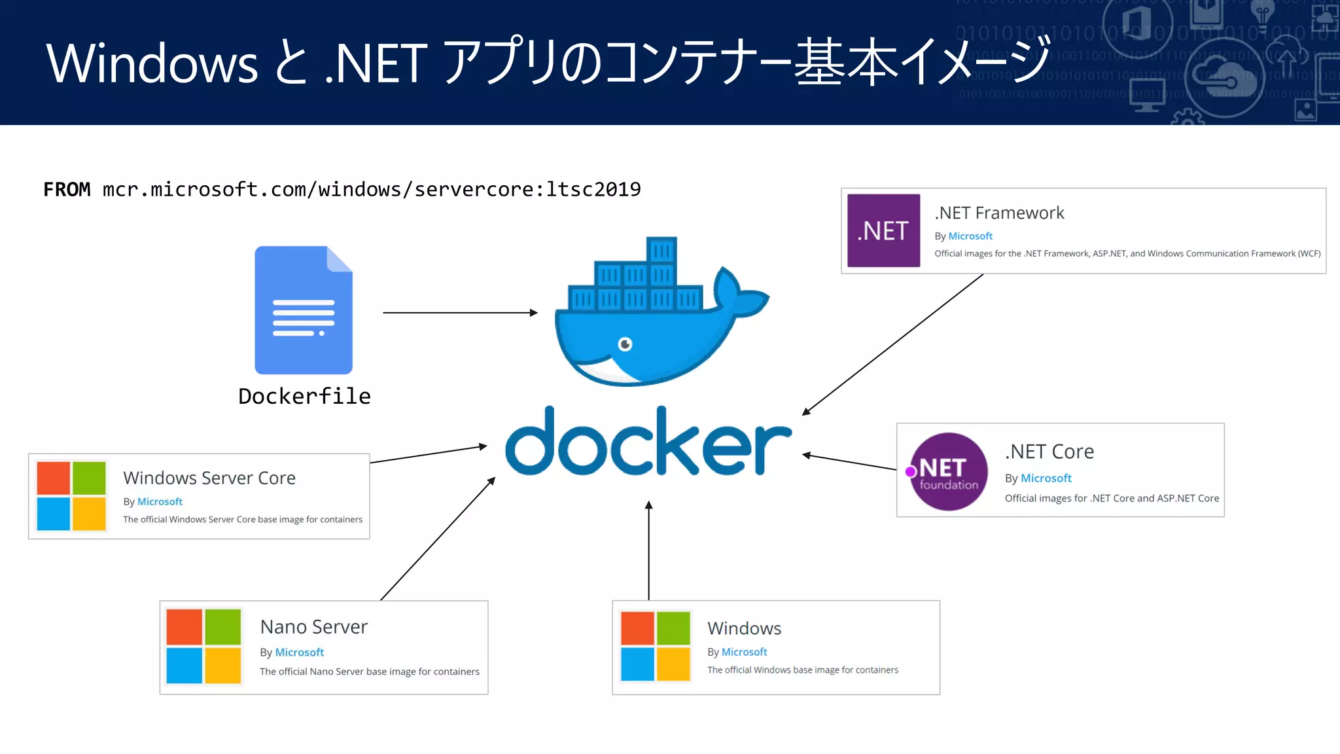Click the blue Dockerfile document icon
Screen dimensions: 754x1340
[304, 310]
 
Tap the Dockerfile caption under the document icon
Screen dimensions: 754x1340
[304, 396]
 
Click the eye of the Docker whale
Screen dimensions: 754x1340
[626, 344]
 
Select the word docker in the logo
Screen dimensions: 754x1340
[648, 443]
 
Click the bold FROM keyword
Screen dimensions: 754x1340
[67, 189]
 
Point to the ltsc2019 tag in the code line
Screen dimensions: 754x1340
[593, 189]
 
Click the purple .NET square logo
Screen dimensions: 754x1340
[883, 230]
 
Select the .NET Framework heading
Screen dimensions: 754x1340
[999, 213]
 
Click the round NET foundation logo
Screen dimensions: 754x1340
[947, 471]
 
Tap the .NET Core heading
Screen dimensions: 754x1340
[1049, 452]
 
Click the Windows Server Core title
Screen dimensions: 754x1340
[209, 478]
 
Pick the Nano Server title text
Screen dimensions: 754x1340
[314, 627]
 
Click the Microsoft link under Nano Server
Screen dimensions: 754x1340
[300, 653]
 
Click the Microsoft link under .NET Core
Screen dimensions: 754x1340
[1046, 478]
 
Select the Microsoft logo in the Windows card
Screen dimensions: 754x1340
[655, 646]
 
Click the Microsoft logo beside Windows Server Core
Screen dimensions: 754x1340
[71, 495]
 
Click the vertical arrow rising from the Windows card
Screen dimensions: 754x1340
[648, 550]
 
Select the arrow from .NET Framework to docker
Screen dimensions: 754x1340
[893, 344]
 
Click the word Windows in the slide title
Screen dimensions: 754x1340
[152, 64]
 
